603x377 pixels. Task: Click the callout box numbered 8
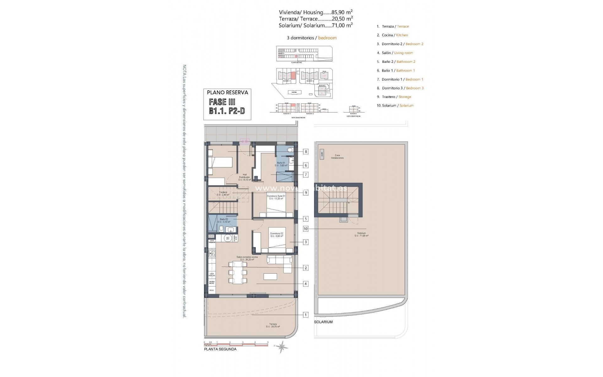(306, 151)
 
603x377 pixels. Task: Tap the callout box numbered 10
(306, 229)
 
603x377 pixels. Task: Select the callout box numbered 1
(306, 314)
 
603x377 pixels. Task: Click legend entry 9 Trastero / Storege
(394, 97)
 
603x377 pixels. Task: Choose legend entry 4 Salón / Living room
(395, 53)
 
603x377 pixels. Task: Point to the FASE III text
(222, 102)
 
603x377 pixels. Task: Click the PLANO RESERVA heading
(227, 92)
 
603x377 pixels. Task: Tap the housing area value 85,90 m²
(340, 12)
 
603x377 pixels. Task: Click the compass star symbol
(282, 347)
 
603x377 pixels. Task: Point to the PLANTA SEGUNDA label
(220, 349)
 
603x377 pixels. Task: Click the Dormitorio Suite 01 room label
(276, 197)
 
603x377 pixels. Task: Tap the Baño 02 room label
(224, 220)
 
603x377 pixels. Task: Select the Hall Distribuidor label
(245, 177)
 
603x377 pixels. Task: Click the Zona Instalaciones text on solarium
(337, 156)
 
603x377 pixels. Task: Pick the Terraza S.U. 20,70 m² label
(273, 325)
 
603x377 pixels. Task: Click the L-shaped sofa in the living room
(280, 262)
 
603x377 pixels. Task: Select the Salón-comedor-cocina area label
(247, 258)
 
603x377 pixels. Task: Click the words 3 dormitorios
(301, 38)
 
